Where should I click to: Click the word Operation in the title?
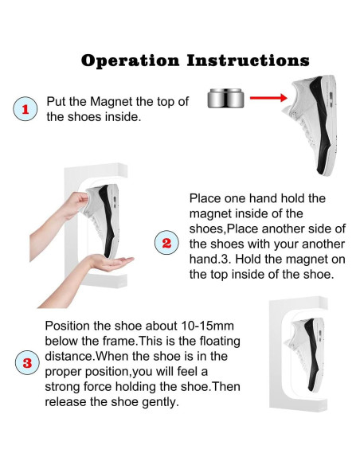(130, 61)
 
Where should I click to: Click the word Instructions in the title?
(248, 61)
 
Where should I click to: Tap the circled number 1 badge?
(25, 109)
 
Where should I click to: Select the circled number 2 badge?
(166, 242)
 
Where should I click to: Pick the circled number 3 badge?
(27, 362)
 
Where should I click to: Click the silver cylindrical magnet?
(225, 98)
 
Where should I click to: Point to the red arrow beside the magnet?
(268, 98)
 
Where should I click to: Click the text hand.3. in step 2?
(210, 260)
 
